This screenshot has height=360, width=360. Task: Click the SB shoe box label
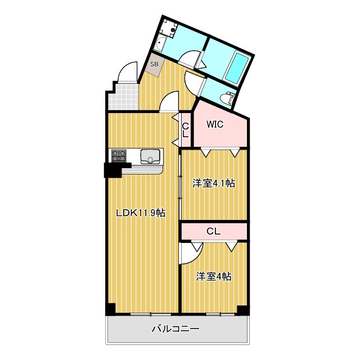(154, 64)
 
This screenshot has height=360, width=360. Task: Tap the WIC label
(215, 125)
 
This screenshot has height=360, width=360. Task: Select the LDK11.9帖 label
(140, 213)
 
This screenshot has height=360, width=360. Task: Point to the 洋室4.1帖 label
(214, 183)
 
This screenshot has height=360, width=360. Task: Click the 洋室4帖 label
(214, 276)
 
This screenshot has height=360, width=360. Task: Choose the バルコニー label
(175, 329)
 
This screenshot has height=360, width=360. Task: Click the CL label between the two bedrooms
(213, 231)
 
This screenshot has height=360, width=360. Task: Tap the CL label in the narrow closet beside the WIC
(185, 130)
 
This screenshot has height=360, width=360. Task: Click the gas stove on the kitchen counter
(119, 156)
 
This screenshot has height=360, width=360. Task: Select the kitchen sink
(151, 156)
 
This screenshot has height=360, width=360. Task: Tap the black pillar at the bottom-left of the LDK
(111, 309)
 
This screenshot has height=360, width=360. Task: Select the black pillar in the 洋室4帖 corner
(242, 310)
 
